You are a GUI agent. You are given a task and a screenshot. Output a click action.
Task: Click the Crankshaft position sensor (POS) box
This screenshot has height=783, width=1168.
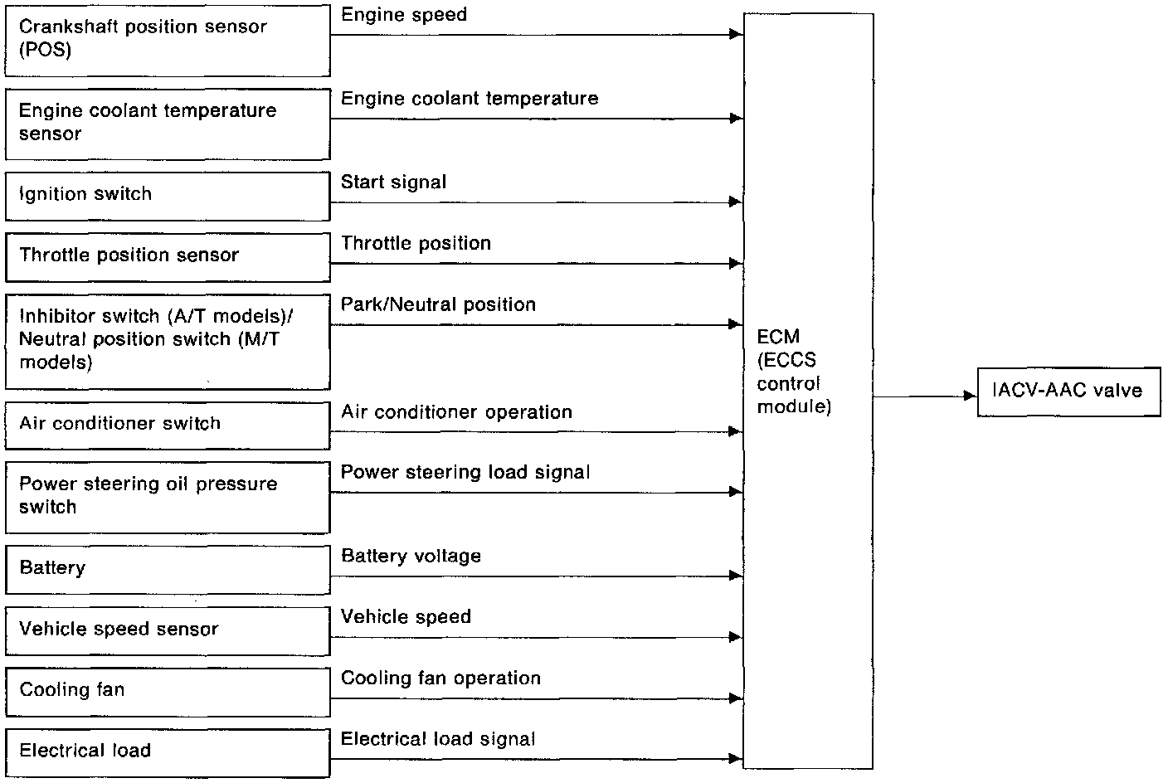coord(168,41)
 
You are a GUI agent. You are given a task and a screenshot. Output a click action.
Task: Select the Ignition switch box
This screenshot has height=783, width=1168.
coord(168,196)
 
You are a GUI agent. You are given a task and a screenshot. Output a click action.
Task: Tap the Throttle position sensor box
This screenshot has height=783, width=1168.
coord(168,257)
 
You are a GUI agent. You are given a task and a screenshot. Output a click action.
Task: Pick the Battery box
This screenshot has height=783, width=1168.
coord(168,569)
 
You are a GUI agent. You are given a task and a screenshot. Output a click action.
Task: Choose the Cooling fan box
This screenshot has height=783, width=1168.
coord(168,692)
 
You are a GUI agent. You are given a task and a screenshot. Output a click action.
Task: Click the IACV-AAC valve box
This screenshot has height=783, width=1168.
coord(1068,391)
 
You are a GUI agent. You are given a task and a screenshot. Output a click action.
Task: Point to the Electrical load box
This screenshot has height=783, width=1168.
coord(168,752)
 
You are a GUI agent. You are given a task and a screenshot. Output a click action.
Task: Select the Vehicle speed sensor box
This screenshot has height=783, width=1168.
coord(168,630)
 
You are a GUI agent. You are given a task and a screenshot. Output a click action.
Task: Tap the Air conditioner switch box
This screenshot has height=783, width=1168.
coord(168,426)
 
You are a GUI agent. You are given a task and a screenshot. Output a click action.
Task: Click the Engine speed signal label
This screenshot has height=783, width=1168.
coord(404,15)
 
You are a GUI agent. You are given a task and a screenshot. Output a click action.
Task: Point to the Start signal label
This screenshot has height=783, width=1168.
coord(393,182)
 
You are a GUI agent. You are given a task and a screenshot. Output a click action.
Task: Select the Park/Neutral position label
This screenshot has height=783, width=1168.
coord(438,304)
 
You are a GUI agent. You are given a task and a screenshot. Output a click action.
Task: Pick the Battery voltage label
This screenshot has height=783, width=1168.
coord(411,556)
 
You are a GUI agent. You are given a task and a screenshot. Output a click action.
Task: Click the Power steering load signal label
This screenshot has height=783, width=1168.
coord(465,472)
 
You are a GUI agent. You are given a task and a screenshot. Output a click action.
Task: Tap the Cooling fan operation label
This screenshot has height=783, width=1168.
coord(440,678)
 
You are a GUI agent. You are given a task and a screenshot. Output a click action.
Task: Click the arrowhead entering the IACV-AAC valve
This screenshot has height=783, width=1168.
coord(971,396)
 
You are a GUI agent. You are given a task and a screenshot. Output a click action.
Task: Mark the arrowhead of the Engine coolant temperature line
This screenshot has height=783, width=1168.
coord(736,119)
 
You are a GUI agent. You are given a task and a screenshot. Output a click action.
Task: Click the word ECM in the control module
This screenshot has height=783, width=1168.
coord(778,337)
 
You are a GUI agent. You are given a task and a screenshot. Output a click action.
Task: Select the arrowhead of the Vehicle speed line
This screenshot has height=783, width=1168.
coord(736,637)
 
